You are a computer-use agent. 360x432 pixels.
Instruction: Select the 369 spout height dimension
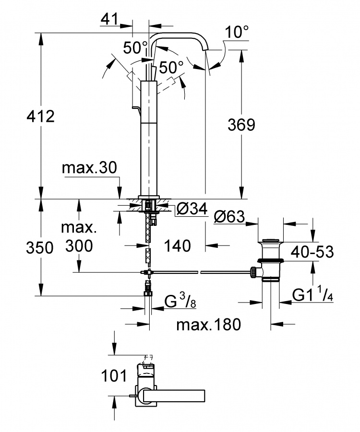tap(241, 125)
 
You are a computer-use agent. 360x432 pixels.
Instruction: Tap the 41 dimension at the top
tap(110, 19)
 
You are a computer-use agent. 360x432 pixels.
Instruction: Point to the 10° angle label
tap(237, 32)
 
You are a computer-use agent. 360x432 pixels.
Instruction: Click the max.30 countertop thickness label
tap(89, 167)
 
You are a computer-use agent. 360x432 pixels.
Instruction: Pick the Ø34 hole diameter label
tap(192, 209)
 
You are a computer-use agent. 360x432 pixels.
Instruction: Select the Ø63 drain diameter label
tap(229, 217)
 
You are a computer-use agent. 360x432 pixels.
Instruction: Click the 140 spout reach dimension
tap(178, 245)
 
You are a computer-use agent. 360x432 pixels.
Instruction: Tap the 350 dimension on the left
tap(40, 247)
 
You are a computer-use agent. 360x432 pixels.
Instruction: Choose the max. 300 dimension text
tap(79, 236)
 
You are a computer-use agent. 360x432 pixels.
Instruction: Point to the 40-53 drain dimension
tap(312, 252)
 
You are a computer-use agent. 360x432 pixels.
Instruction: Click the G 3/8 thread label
tap(180, 301)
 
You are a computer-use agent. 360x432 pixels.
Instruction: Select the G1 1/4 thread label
tap(312, 296)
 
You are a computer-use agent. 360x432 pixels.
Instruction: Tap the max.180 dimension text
tap(208, 325)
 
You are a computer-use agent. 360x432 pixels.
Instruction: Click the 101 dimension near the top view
tap(114, 376)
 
